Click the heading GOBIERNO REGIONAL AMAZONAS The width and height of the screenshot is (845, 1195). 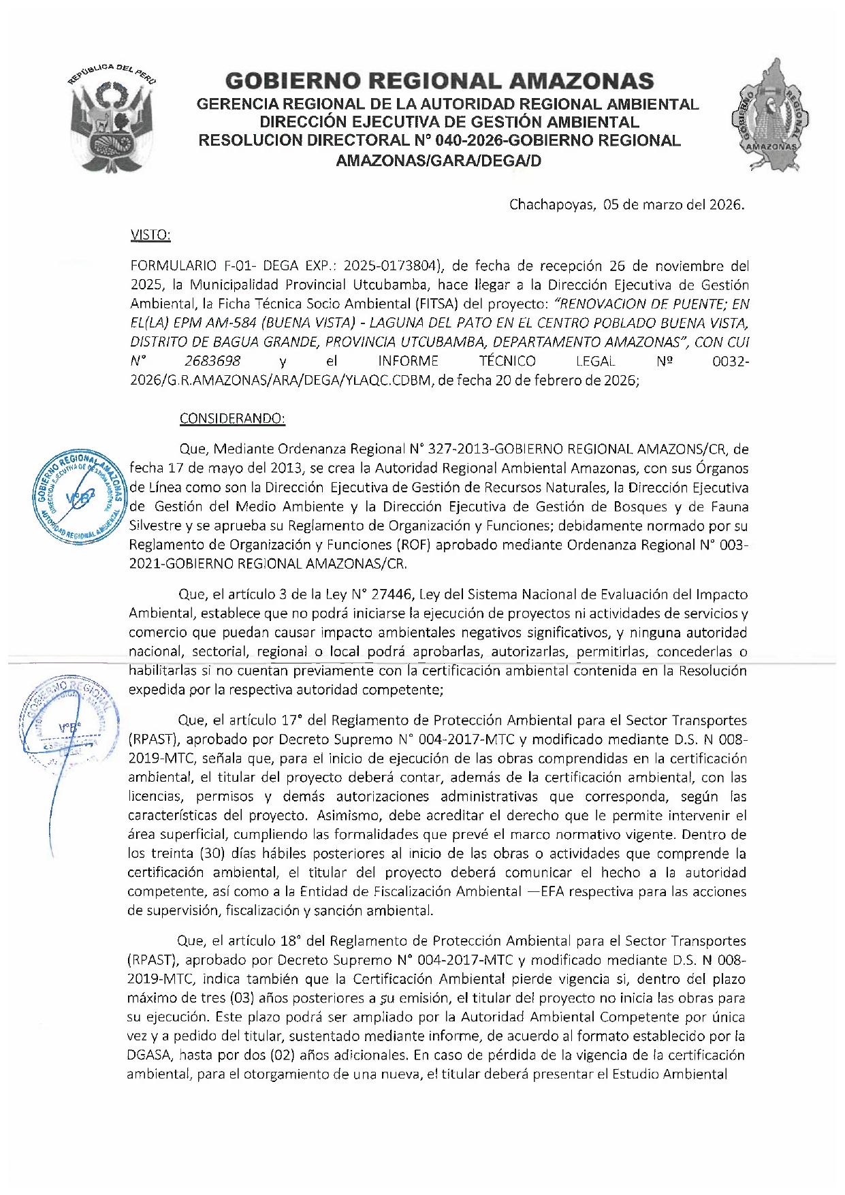click(439, 81)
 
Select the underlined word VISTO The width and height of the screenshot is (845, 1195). click(150, 235)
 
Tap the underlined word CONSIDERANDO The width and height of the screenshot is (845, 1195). click(232, 418)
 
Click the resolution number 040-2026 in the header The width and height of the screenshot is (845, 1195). click(469, 141)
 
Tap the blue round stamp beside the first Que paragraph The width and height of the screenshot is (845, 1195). click(78, 496)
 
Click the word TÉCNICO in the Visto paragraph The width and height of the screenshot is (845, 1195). click(507, 361)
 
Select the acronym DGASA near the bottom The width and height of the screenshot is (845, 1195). click(149, 1055)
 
